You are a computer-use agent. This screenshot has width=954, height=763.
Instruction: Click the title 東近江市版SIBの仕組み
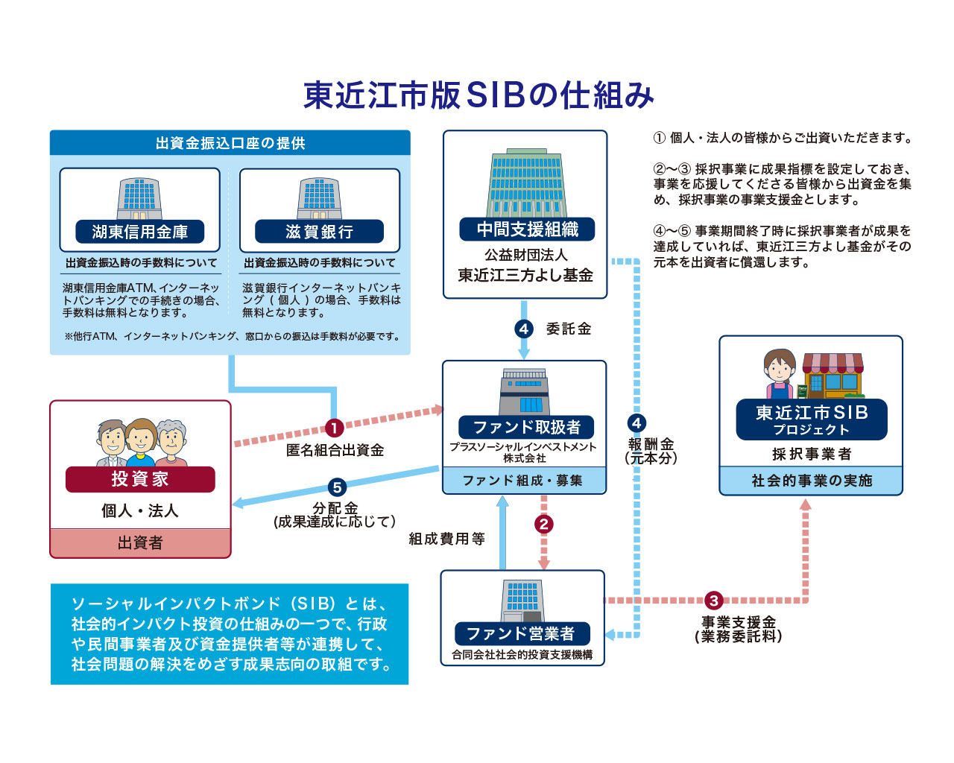(x=478, y=95)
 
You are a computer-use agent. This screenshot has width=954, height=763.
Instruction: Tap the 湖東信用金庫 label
(x=139, y=232)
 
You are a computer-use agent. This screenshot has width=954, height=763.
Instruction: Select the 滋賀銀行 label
(x=319, y=232)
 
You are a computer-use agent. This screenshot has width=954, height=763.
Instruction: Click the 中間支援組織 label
(x=527, y=229)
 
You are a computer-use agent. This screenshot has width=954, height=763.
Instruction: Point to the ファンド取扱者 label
(x=526, y=427)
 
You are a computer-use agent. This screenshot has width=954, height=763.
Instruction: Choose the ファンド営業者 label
(x=522, y=633)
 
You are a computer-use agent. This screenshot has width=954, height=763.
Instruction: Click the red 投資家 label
(x=140, y=479)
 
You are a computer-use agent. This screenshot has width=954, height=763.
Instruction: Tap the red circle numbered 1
(x=334, y=428)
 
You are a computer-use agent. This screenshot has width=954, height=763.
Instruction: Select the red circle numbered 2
(x=543, y=524)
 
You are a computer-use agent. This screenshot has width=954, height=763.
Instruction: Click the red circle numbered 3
(x=714, y=601)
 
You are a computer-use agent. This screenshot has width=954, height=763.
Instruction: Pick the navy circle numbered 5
(x=337, y=487)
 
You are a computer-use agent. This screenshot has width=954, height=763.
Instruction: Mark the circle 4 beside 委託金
(x=524, y=329)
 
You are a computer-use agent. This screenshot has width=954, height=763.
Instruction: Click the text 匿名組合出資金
(x=335, y=450)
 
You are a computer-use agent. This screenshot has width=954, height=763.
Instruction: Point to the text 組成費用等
(x=446, y=539)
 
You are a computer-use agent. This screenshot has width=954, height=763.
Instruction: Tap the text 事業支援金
(x=738, y=621)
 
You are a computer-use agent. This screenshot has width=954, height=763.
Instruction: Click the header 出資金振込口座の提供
(x=230, y=143)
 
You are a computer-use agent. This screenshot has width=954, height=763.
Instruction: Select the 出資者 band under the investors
(x=140, y=542)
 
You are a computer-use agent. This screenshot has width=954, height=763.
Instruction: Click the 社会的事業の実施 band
(x=811, y=481)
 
